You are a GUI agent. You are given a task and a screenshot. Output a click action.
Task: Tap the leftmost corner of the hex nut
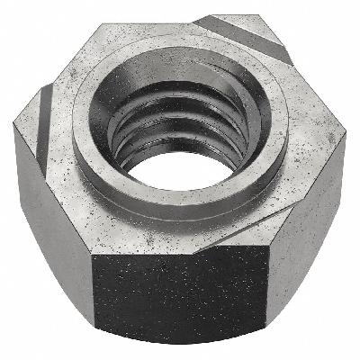click(x=15, y=135)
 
